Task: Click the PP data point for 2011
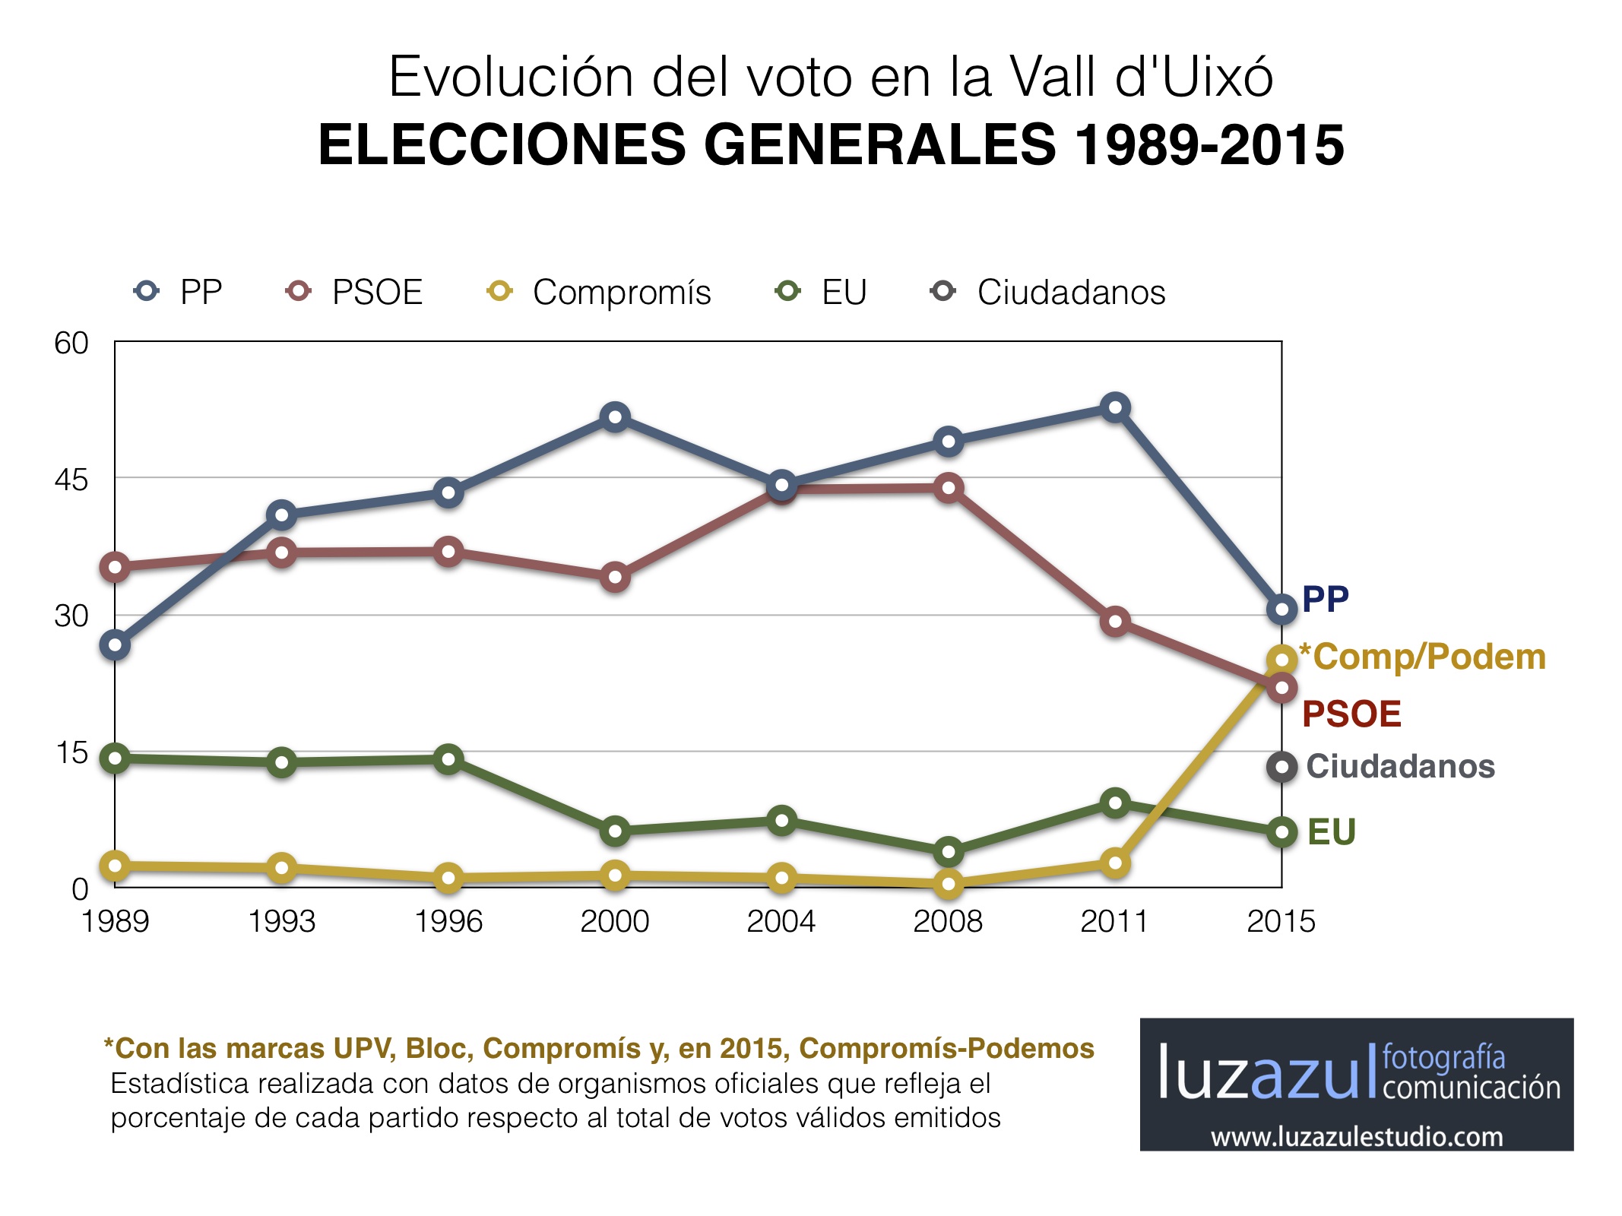(x=1115, y=407)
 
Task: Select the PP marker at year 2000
(x=615, y=417)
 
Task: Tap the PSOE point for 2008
(x=949, y=488)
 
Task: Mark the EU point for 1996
(x=448, y=759)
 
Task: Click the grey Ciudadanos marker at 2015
(x=1282, y=767)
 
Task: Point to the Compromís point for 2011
(x=1115, y=863)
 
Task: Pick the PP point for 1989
(x=116, y=645)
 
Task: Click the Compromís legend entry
(x=599, y=292)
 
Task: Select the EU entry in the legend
(x=822, y=292)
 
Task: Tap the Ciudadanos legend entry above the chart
(x=1049, y=292)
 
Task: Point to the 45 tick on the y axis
(x=71, y=480)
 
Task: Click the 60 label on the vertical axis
(x=71, y=344)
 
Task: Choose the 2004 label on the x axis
(x=781, y=922)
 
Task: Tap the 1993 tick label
(x=282, y=922)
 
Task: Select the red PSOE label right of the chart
(x=1351, y=714)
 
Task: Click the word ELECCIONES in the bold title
(x=502, y=144)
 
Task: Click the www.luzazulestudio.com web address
(x=1357, y=1137)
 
